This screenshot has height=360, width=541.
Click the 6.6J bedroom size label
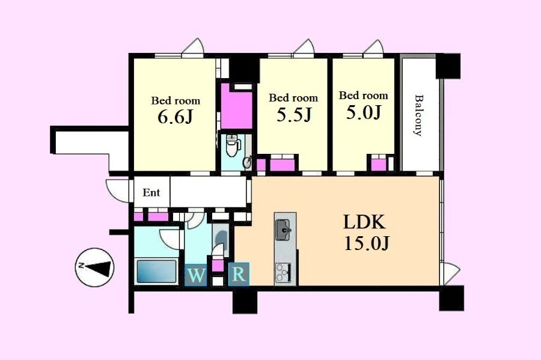click(x=174, y=117)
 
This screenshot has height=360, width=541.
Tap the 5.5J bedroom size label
click(x=294, y=115)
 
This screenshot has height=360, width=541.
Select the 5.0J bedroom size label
click(x=364, y=112)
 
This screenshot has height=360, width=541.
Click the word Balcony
click(x=418, y=115)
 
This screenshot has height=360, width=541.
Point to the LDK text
click(x=364, y=222)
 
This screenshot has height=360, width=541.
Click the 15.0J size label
click(x=367, y=243)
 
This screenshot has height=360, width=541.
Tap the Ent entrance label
click(x=151, y=192)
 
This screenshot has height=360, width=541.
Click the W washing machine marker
click(x=196, y=275)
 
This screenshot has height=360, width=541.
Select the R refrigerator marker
click(x=239, y=274)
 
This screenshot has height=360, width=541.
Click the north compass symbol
click(x=94, y=267)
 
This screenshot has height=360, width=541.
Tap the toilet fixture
click(x=233, y=145)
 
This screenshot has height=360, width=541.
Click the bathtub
click(x=157, y=272)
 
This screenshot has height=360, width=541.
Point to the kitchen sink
click(x=284, y=230)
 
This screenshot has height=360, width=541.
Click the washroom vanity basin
click(x=220, y=236)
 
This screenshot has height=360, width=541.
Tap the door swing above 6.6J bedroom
click(x=193, y=46)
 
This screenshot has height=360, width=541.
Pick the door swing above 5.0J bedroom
click(x=373, y=47)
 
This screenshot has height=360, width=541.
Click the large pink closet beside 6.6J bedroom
click(x=237, y=107)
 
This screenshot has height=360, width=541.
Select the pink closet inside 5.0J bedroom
click(x=379, y=165)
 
